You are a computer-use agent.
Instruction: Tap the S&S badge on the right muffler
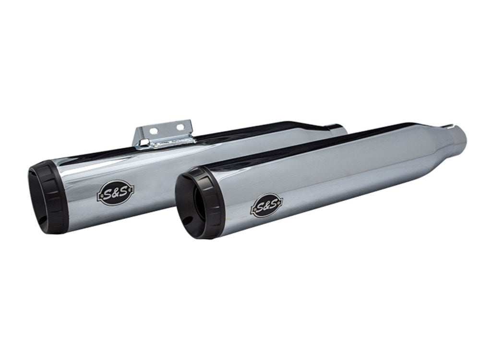(263, 207)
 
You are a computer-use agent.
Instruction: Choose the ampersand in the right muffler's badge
(263, 207)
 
